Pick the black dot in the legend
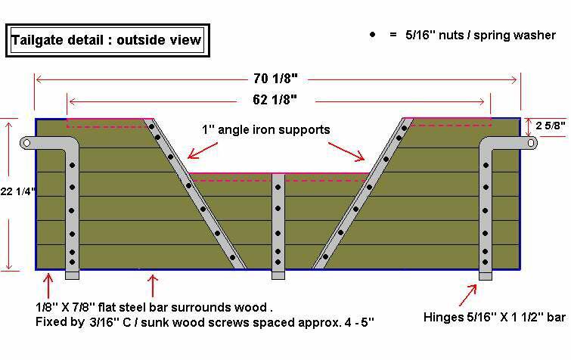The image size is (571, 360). [373, 36]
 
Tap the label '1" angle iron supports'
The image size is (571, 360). [265, 130]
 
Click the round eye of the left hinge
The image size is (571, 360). [26, 142]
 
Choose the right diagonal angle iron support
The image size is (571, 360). [362, 194]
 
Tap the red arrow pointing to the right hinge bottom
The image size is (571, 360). [469, 291]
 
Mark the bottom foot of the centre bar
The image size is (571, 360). [278, 274]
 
